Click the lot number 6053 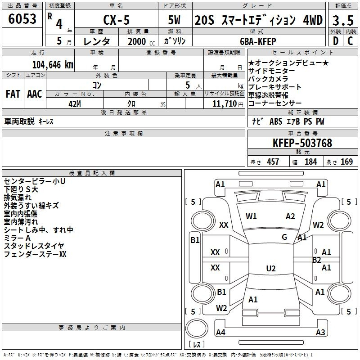tap(22, 19)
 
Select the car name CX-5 tap(117, 20)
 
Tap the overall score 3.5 tap(343, 20)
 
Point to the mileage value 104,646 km tap(53, 65)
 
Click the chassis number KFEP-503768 tap(302, 143)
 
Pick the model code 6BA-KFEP tap(258, 41)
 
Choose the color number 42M tap(75, 104)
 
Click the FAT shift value tap(13, 94)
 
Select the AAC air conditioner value tap(35, 94)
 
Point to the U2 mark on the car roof tap(271, 268)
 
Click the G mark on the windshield tap(284, 237)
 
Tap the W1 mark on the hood tap(251, 216)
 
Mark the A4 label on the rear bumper tap(220, 332)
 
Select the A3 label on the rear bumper tap(320, 332)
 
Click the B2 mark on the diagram tap(317, 260)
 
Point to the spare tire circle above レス tap(197, 328)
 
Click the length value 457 tap(273, 162)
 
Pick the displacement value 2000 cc tap(141, 42)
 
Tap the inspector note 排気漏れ tap(18, 198)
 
